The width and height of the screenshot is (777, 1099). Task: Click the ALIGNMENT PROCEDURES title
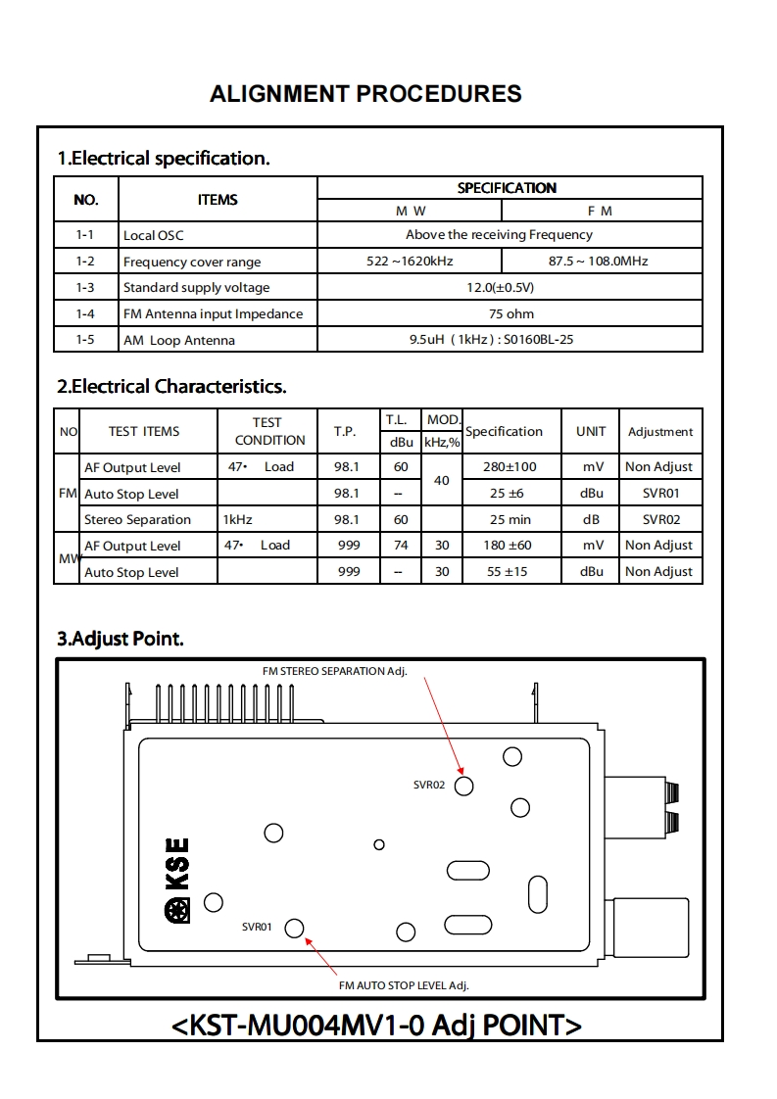(x=365, y=94)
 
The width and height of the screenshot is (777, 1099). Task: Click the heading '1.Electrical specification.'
(x=164, y=158)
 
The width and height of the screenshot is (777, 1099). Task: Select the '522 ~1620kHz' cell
(x=410, y=262)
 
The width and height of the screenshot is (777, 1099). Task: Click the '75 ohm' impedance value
(x=510, y=314)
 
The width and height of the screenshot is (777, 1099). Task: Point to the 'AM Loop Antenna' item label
(x=179, y=341)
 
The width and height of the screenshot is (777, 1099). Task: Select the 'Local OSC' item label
(x=153, y=235)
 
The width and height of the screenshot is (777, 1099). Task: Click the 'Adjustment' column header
(x=660, y=432)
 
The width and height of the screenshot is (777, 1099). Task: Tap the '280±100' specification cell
(x=510, y=467)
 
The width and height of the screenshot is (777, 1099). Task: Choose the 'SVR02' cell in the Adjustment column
(x=660, y=519)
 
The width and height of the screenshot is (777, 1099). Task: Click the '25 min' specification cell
(x=510, y=519)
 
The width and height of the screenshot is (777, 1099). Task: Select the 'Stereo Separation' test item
(x=137, y=519)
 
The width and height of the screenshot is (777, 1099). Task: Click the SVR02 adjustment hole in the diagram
(x=464, y=786)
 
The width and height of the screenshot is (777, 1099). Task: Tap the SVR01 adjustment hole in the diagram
(x=294, y=928)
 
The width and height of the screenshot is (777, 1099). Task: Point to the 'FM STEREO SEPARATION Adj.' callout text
(x=334, y=671)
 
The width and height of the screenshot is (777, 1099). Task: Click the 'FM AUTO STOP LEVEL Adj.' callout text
(x=411, y=985)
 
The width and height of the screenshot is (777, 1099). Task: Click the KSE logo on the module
(x=177, y=880)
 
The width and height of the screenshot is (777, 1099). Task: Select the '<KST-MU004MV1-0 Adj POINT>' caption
(x=376, y=1025)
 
